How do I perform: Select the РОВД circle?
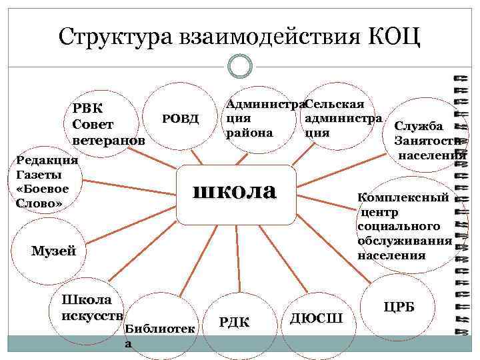click(x=181, y=119)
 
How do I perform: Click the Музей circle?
click(x=54, y=251)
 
